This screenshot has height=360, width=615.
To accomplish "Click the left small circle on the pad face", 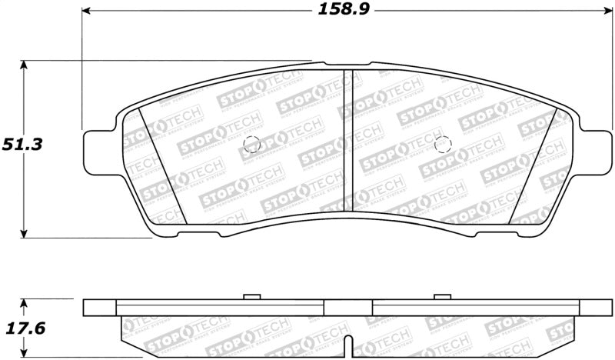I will click(251, 144).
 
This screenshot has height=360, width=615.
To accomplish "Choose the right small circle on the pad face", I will click(441, 144).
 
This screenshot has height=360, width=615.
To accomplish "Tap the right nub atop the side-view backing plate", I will click(441, 296).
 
